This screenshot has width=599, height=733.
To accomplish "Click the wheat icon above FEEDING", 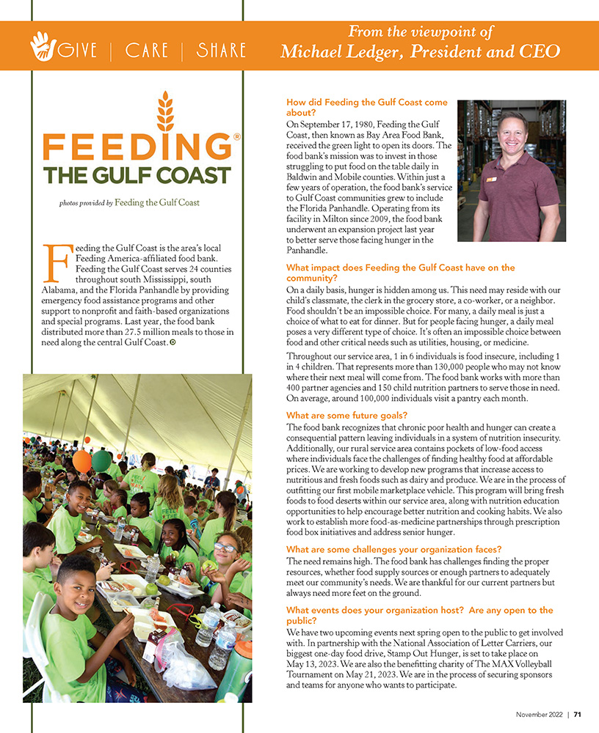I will pyautogui.click(x=166, y=110).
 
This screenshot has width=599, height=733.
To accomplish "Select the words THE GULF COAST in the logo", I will pyautogui.click(x=137, y=175).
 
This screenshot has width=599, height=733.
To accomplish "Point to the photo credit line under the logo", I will pyautogui.click(x=129, y=203).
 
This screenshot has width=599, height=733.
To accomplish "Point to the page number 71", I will pyautogui.click(x=578, y=714).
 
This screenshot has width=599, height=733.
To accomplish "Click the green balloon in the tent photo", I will pyautogui.click(x=101, y=460).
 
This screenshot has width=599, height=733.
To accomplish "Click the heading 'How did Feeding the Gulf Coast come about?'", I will pyautogui.click(x=366, y=108).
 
